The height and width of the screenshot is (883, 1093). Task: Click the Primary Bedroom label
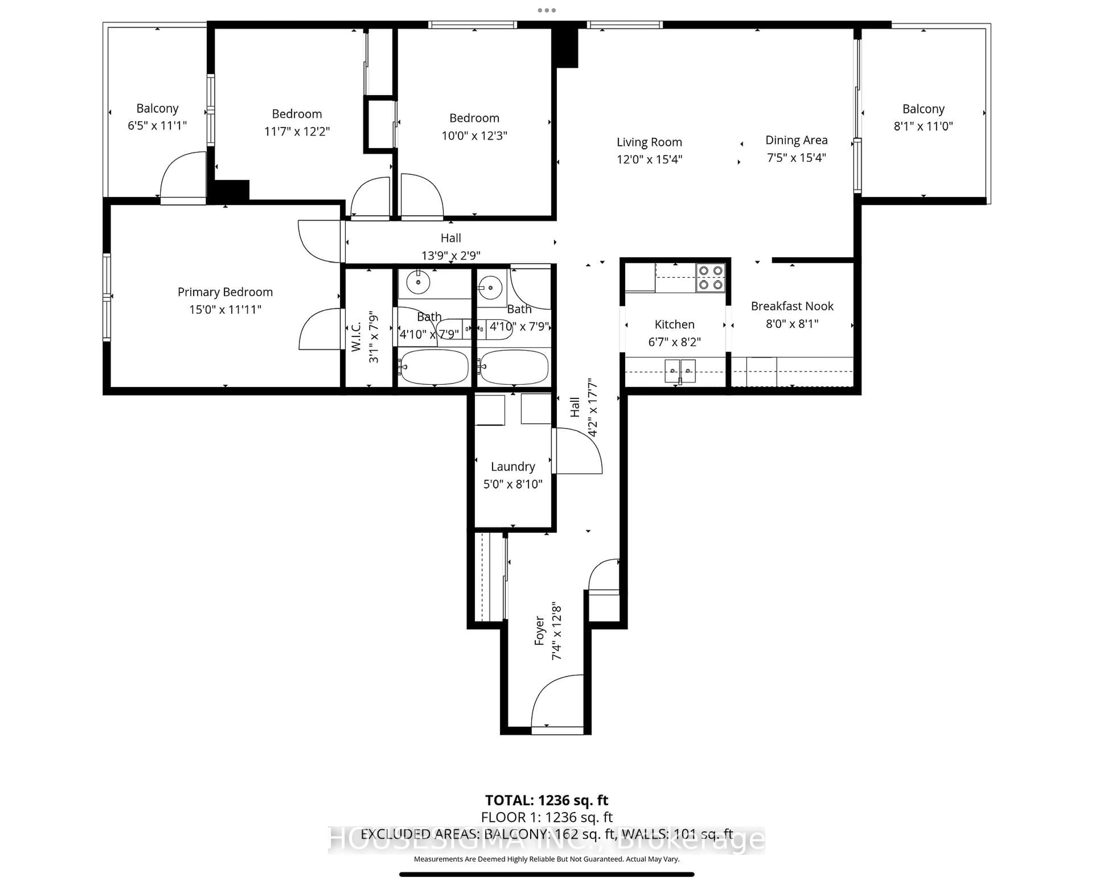[x=225, y=292]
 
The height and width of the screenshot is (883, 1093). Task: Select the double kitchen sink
[x=680, y=371]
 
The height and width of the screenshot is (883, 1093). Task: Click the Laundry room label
[x=512, y=467]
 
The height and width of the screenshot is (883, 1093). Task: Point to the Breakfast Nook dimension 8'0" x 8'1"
[x=792, y=323]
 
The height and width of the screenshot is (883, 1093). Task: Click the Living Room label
[x=649, y=143]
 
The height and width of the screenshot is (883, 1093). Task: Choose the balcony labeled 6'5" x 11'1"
[x=157, y=117]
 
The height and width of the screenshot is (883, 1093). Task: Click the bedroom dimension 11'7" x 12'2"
[x=297, y=131]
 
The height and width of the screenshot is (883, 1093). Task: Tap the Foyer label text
[x=539, y=631]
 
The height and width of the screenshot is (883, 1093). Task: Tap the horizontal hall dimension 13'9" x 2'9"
[x=450, y=255]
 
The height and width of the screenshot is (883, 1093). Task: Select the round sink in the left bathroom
[x=418, y=282]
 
